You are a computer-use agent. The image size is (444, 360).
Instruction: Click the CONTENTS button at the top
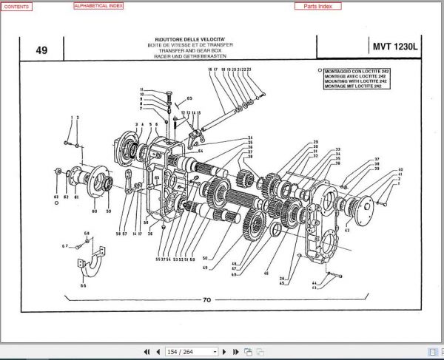tap(18, 6)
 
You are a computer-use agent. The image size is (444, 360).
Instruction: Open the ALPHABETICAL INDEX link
tap(98, 6)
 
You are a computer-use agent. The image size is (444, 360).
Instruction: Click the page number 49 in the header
tap(41, 50)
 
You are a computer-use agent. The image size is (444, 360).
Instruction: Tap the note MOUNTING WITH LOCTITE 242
tap(351, 82)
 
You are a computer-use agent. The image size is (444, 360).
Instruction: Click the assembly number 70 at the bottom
tap(206, 300)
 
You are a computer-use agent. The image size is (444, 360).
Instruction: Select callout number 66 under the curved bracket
tap(83, 285)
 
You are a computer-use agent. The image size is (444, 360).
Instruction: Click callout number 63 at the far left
tap(55, 197)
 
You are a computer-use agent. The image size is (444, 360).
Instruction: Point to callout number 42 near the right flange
tap(346, 231)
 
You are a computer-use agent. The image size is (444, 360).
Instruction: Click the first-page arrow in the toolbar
tap(147, 353)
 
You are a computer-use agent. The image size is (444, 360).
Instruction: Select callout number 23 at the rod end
tap(250, 69)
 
